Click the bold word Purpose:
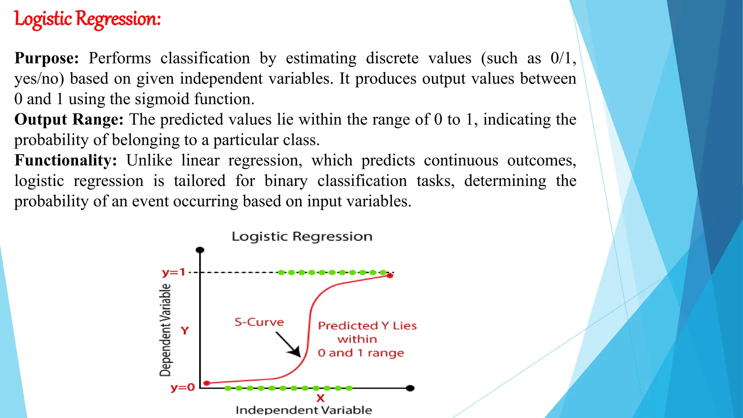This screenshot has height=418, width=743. [46, 58]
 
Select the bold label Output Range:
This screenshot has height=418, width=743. [69, 120]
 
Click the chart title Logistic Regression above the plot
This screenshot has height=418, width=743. [302, 237]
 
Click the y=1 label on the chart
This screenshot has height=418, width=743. [173, 272]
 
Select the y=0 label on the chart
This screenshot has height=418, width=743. [182, 388]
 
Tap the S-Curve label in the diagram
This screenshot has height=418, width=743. [259, 322]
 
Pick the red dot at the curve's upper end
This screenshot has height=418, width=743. [390, 276]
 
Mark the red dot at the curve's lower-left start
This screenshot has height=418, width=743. [207, 383]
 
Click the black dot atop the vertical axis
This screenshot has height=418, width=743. [200, 250]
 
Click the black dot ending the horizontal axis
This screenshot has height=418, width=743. [410, 388]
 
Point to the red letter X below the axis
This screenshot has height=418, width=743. [320, 398]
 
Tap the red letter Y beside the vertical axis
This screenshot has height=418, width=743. [185, 331]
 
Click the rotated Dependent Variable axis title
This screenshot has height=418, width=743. [165, 330]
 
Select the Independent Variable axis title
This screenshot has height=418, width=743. [304, 410]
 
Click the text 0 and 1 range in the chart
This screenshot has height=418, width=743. [361, 353]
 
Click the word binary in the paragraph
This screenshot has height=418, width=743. [286, 181]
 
